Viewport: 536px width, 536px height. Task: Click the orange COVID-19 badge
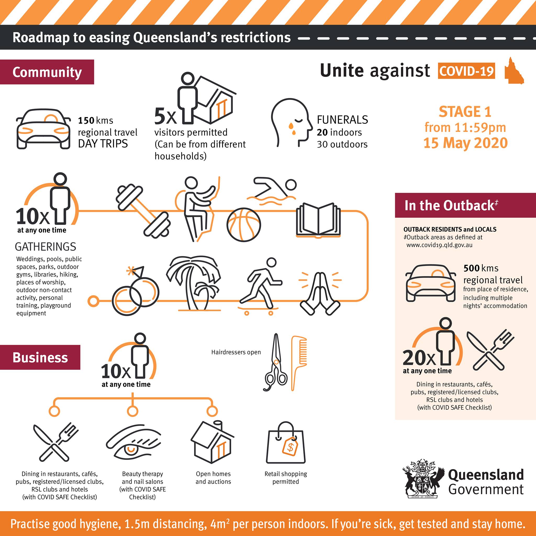(x=467, y=71)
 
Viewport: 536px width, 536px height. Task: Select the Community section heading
(x=47, y=72)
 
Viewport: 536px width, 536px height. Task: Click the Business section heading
(x=40, y=357)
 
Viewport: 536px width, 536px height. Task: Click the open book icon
(x=319, y=221)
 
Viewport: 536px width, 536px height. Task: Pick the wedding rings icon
(x=135, y=291)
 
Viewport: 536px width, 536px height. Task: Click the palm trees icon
(x=194, y=283)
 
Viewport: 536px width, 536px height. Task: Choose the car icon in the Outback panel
(x=431, y=283)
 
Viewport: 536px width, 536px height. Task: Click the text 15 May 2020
(x=466, y=143)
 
